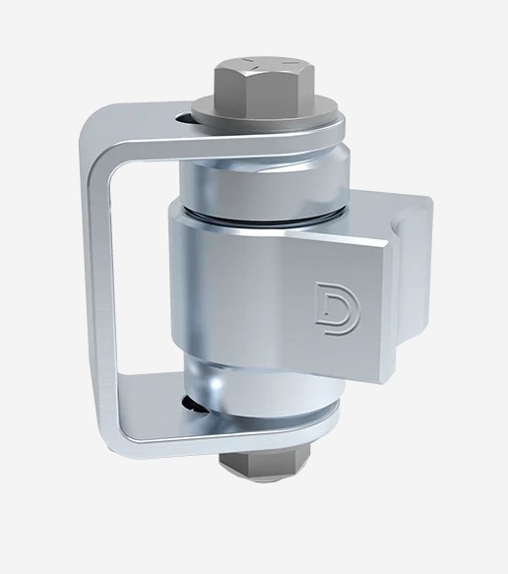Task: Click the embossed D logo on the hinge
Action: (330, 297)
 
